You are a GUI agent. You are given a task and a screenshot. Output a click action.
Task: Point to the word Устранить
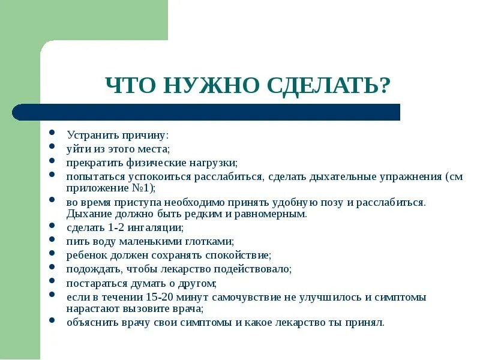tap(88, 136)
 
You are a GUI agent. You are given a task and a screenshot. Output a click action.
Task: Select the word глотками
tap(212, 241)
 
